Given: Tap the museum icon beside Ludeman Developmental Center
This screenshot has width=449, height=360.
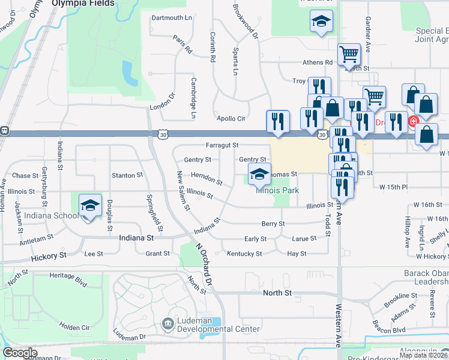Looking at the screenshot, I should pos(168,325).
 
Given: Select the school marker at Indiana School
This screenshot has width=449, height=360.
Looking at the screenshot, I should pos(90,206).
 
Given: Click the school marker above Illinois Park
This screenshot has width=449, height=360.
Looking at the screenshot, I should pos(259,175).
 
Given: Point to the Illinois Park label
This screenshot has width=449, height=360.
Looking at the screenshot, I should pos(277,190).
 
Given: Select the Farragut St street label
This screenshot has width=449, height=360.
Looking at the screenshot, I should pos(222,145).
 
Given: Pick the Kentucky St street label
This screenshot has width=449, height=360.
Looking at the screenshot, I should pos(244,254).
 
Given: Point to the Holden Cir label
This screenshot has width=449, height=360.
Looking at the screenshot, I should pos(74,327).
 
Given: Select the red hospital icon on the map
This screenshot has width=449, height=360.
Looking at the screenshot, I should pos(413,122).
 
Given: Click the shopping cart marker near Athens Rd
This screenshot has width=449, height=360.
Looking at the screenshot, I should pos(348,55).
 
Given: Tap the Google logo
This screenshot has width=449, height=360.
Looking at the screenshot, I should pos(20,353).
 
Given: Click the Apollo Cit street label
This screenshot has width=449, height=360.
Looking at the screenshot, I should pos(231,119).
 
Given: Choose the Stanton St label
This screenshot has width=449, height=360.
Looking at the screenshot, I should pos(127,176).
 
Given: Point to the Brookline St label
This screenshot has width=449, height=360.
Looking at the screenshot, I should pos(402,296).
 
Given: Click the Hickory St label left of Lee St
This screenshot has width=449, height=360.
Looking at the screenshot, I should pos(49,256).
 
